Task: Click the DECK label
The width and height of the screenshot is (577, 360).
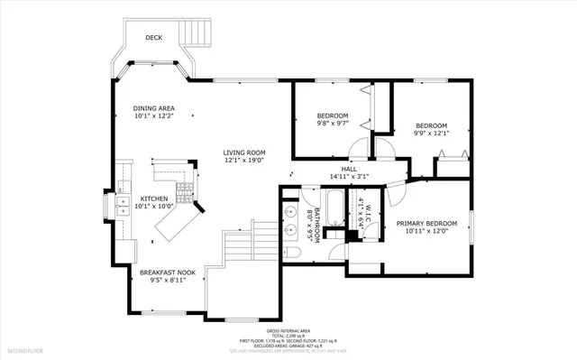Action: pyautogui.click(x=155, y=38)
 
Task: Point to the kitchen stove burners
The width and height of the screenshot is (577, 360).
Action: pyautogui.click(x=186, y=189)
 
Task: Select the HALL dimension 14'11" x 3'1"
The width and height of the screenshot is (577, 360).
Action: pyautogui.click(x=349, y=177)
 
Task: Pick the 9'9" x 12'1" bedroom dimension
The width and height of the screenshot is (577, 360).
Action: pyautogui.click(x=432, y=134)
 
